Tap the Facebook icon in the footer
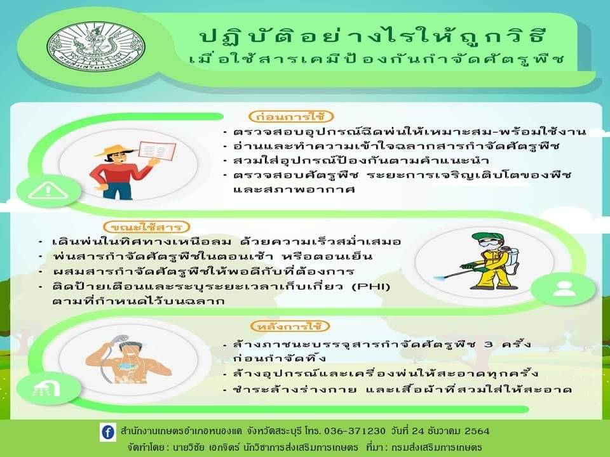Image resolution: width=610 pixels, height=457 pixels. point(108,432)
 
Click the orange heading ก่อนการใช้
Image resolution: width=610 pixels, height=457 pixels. point(292,116)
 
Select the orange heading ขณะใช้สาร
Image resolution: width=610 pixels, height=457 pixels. point(146,227)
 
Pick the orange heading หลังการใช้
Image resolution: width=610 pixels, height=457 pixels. point(290,326)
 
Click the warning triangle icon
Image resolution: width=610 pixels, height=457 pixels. point(48,191)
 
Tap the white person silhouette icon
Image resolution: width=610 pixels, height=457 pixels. point(564,288)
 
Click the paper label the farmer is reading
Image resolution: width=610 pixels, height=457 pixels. point(157,151)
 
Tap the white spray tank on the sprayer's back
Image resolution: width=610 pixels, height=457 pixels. point(510,260)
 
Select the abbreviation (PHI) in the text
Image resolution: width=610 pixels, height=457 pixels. point(370,287)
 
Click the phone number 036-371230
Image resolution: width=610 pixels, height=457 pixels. point(355,431)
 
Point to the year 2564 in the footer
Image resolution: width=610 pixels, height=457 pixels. point(477,431)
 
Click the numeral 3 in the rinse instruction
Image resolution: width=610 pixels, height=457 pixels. point(489,344)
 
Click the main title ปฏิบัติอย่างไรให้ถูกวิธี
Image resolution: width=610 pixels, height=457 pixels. point(374,37)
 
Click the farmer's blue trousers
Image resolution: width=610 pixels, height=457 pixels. point(118,190)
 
